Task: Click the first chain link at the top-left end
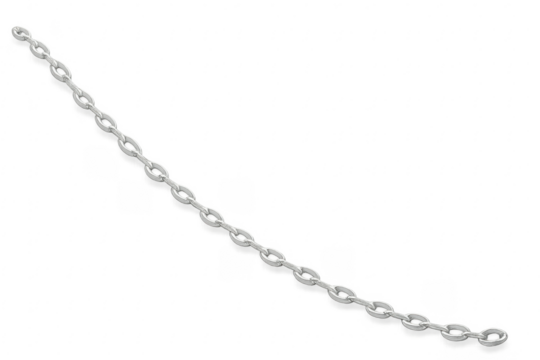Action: pyautogui.click(x=19, y=35)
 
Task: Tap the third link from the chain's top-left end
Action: pyautogui.click(x=61, y=72)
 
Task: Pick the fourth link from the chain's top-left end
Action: pyautogui.click(x=84, y=98)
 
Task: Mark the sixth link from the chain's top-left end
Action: pyautogui.click(x=130, y=147)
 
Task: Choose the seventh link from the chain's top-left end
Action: pyautogui.click(x=156, y=170)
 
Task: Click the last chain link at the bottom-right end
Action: pyautogui.click(x=493, y=335)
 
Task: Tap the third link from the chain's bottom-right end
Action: pyautogui.click(x=418, y=321)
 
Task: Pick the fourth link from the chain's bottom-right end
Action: pyautogui.click(x=380, y=309)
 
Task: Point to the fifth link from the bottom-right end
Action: pyautogui.click(x=343, y=292)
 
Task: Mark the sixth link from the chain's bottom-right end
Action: pyautogui.click(x=307, y=273)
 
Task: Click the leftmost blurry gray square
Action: pyautogui.click(x=100, y=160)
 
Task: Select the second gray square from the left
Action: pyautogui.click(x=135, y=197)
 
